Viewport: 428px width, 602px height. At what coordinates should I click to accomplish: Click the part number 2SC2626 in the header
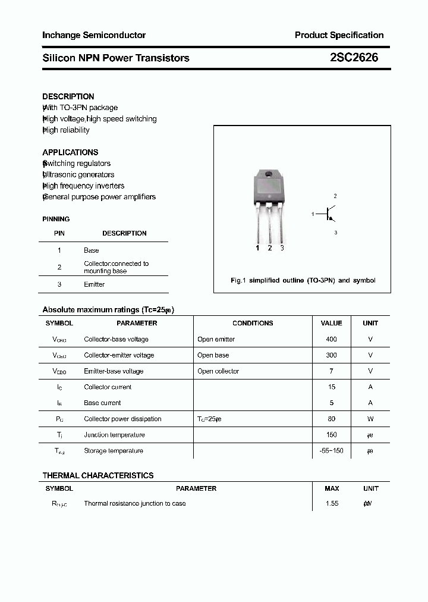[354, 58]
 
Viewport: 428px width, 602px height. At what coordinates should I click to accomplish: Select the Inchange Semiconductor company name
[94, 35]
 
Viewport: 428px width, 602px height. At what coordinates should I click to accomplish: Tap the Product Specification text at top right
[339, 35]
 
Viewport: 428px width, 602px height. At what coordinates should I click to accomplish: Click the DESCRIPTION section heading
[68, 96]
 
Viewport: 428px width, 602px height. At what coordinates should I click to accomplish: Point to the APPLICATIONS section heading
[70, 152]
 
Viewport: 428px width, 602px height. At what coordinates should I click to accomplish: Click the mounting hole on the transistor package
[268, 175]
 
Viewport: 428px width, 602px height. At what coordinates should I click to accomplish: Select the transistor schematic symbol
[329, 214]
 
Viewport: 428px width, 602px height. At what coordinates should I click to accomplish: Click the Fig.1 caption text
[303, 280]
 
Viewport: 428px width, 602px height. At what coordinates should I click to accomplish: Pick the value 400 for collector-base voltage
[331, 339]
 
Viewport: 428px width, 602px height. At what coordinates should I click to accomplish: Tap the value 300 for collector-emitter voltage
[331, 355]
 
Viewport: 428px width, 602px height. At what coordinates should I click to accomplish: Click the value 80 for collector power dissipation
[331, 419]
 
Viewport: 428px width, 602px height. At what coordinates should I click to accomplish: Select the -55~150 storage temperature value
[331, 451]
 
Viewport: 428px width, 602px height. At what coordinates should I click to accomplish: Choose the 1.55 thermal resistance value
[332, 503]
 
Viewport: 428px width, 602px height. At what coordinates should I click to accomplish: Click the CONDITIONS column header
[253, 323]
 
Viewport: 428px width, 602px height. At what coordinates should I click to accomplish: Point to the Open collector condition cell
[218, 371]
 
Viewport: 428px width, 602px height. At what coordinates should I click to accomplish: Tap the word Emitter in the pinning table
[94, 284]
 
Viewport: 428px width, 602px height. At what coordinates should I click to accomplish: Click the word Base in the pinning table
[91, 250]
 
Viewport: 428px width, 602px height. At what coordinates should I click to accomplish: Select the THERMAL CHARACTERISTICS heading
[98, 475]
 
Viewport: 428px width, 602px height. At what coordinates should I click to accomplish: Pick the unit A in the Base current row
[370, 403]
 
